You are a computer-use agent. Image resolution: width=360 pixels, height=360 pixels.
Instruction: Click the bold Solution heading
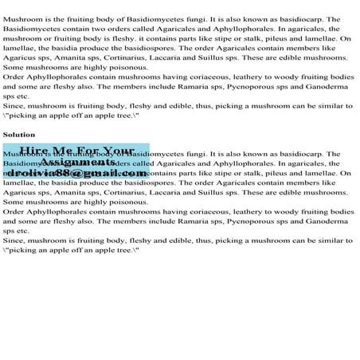pos(18,135)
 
